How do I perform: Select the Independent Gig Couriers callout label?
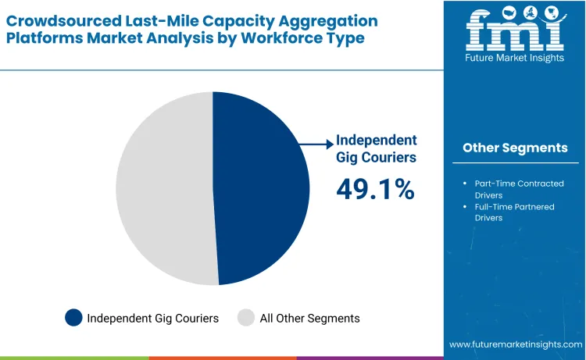click(376, 148)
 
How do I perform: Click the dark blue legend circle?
click(73, 318)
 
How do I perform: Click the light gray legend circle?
click(246, 318)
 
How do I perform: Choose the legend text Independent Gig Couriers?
click(153, 318)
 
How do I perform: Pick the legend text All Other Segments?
click(309, 318)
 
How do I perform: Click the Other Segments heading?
click(514, 148)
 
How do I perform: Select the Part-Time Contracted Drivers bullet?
click(518, 189)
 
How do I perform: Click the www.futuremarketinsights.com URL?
click(516, 344)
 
